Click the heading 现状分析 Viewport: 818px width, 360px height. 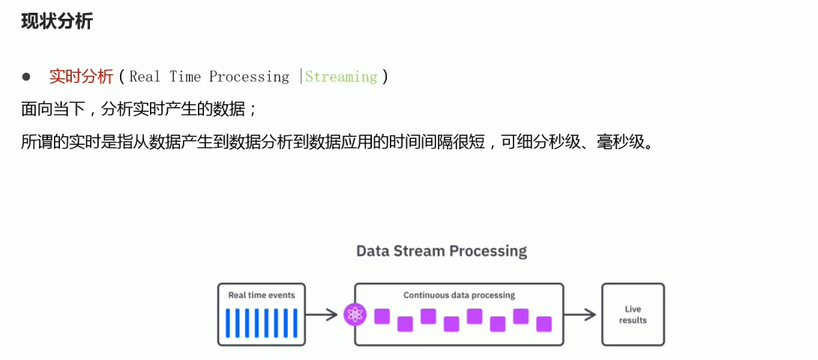pyautogui.click(x=57, y=21)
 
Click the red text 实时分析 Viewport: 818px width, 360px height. pyautogui.click(x=81, y=76)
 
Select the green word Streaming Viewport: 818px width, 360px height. pyautogui.click(x=341, y=76)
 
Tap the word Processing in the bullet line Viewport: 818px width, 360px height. pyautogui.click(x=249, y=76)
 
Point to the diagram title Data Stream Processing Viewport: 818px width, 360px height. pyautogui.click(x=441, y=250)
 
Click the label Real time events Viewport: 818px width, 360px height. pyautogui.click(x=262, y=295)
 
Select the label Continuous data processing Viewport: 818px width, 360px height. pyautogui.click(x=459, y=295)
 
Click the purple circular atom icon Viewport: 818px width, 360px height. pyautogui.click(x=354, y=315)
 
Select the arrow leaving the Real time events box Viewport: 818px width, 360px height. pyautogui.click(x=322, y=315)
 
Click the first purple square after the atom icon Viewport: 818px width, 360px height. pyautogui.click(x=382, y=316)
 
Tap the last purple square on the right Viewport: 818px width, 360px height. pyautogui.click(x=544, y=324)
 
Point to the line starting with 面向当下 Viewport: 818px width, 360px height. pyautogui.click(x=139, y=109)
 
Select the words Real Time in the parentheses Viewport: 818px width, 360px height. pyautogui.click(x=165, y=76)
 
